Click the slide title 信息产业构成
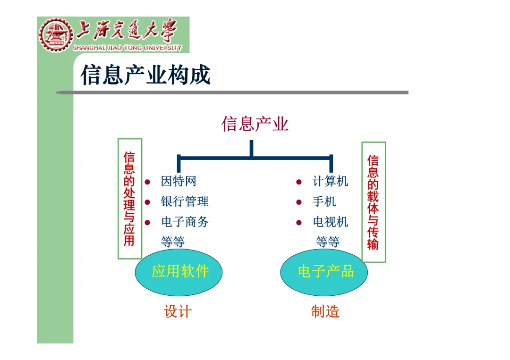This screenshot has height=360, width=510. pos(145,75)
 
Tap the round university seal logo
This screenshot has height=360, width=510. pos(56,34)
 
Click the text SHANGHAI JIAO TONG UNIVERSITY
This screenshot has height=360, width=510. pos(127,48)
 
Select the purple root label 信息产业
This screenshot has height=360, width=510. pos(255,124)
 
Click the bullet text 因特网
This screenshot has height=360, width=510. pos(178,181)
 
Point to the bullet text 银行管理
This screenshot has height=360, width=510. pos(185,202)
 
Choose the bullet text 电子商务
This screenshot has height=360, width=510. pos(185,222)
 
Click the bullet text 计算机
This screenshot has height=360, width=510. pos(330,181)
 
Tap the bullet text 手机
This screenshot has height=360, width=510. pos(324,202)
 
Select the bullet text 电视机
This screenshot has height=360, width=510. pos(330,222)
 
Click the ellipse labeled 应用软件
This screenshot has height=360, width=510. pos(179,272)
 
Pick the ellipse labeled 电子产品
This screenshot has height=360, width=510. pos(326,272)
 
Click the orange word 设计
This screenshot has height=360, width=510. pos(178,312)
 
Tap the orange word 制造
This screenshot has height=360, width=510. pos(325,312)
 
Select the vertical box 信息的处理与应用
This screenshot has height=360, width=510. pos(129,199)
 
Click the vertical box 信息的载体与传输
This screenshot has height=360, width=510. pos(374,202)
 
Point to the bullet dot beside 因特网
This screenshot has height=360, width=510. pos(147,182)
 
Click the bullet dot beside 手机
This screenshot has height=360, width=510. pos(299,202)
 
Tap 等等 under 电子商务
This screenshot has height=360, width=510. pos(173,243)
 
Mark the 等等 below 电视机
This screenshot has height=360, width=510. pos(328,243)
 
